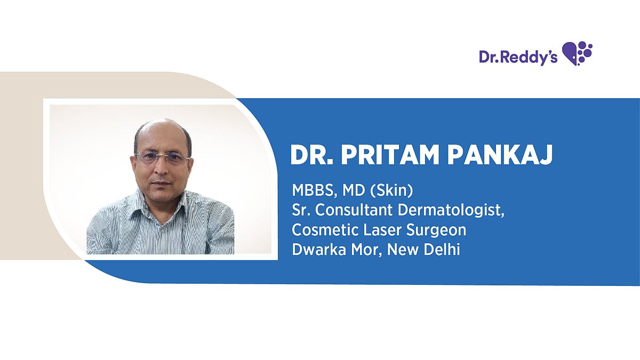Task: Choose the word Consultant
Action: [354, 210]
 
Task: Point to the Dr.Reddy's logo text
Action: [518, 57]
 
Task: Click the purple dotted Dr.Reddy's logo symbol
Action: [578, 53]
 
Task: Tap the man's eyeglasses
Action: [162, 158]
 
